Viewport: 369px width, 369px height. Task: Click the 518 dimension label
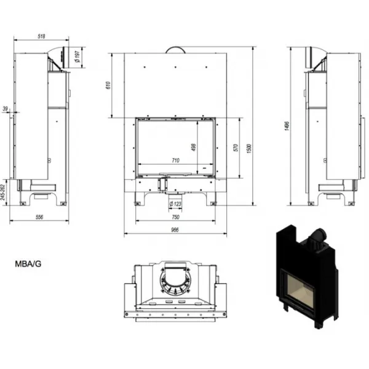coord(41,36)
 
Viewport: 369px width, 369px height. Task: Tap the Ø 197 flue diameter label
coord(77,57)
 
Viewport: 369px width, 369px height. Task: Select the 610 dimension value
coord(108,85)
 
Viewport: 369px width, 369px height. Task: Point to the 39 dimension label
coord(5,109)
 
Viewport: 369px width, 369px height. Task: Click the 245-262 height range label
coord(2,192)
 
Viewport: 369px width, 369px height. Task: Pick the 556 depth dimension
coord(39,217)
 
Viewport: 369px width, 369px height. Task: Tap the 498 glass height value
coord(194,148)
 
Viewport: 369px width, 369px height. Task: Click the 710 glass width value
coord(175,161)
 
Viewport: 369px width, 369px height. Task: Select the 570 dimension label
coord(236,148)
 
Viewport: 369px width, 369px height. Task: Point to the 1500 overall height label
coord(250,148)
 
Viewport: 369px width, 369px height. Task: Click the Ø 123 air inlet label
coord(175,204)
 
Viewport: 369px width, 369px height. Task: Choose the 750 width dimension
coord(175,217)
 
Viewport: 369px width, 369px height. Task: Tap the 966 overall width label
coord(175,229)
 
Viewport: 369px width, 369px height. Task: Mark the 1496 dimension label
coord(287,126)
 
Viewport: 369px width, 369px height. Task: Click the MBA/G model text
coord(28,264)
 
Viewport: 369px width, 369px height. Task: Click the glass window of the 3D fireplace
coord(301,291)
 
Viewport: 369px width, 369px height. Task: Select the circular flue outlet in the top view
coord(175,281)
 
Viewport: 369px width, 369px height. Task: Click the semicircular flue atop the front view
coord(175,50)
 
